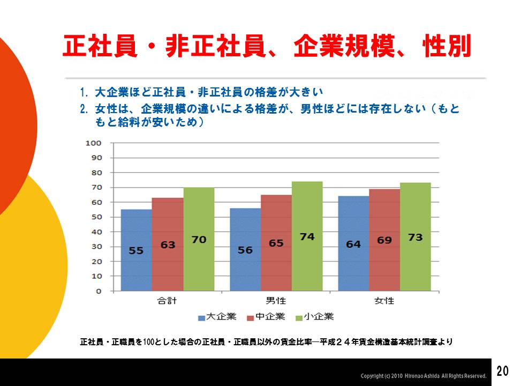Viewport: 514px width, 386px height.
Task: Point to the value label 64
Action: [x=353, y=244]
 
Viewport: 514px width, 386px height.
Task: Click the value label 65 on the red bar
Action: [x=276, y=243]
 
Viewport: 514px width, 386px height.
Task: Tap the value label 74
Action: [x=307, y=237]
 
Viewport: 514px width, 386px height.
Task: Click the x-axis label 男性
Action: [x=276, y=300]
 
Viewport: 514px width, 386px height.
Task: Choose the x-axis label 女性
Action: [x=384, y=300]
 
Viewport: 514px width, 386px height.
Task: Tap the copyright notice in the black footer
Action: [x=424, y=376]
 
